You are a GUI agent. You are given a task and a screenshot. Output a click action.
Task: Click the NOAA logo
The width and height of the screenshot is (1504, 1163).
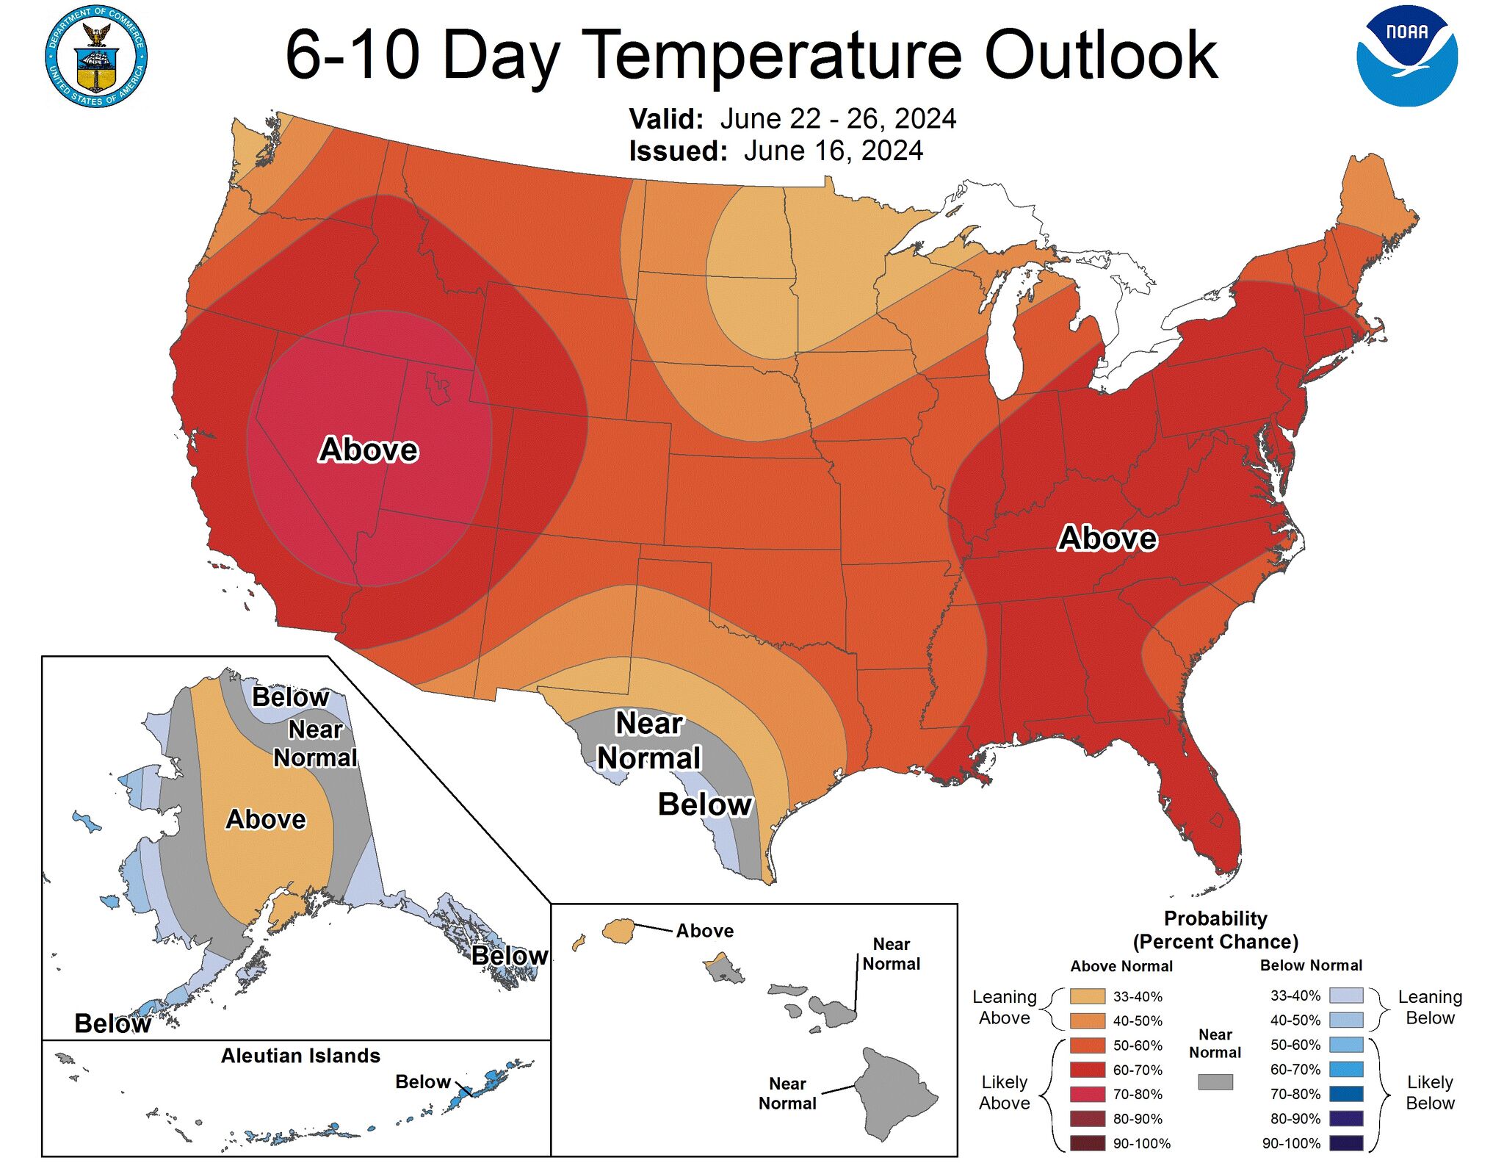click(1406, 57)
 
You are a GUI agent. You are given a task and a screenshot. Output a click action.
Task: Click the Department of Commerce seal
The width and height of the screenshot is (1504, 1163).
click(96, 57)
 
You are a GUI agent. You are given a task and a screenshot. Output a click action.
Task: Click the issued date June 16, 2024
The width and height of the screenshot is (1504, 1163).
click(833, 151)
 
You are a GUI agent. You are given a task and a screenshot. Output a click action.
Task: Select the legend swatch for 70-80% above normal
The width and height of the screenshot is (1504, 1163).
click(1087, 1094)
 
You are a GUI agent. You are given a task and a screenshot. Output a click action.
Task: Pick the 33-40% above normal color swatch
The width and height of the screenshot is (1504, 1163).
click(1087, 996)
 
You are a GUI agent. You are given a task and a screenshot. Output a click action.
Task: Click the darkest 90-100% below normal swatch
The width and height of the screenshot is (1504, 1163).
click(1345, 1143)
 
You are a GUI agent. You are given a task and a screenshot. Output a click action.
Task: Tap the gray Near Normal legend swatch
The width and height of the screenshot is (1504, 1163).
click(1215, 1081)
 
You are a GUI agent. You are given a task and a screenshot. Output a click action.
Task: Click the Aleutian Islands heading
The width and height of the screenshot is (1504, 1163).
click(300, 1056)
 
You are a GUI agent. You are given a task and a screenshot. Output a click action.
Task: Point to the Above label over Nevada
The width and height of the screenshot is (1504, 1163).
click(369, 450)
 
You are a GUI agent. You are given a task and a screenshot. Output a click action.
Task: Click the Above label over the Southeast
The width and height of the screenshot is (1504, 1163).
click(1107, 538)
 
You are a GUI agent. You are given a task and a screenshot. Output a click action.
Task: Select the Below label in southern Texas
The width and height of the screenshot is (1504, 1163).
click(705, 804)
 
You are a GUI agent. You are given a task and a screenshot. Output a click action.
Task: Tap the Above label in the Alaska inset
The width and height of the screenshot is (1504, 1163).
click(265, 819)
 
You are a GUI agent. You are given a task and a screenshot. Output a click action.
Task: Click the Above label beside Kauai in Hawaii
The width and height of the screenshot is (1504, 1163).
click(704, 931)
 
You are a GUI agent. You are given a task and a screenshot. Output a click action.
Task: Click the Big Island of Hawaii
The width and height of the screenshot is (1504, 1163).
click(896, 1095)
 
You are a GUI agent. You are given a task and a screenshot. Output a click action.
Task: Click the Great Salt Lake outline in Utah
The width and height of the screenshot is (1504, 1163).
click(438, 387)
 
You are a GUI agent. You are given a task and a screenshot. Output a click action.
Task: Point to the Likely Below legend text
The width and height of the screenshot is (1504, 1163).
click(1429, 1092)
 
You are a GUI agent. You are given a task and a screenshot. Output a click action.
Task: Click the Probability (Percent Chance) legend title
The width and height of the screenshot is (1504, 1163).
click(1215, 930)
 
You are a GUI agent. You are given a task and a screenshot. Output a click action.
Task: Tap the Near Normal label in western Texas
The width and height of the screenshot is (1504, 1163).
click(648, 741)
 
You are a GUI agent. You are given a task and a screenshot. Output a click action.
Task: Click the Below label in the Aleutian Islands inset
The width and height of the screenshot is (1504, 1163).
click(422, 1081)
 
